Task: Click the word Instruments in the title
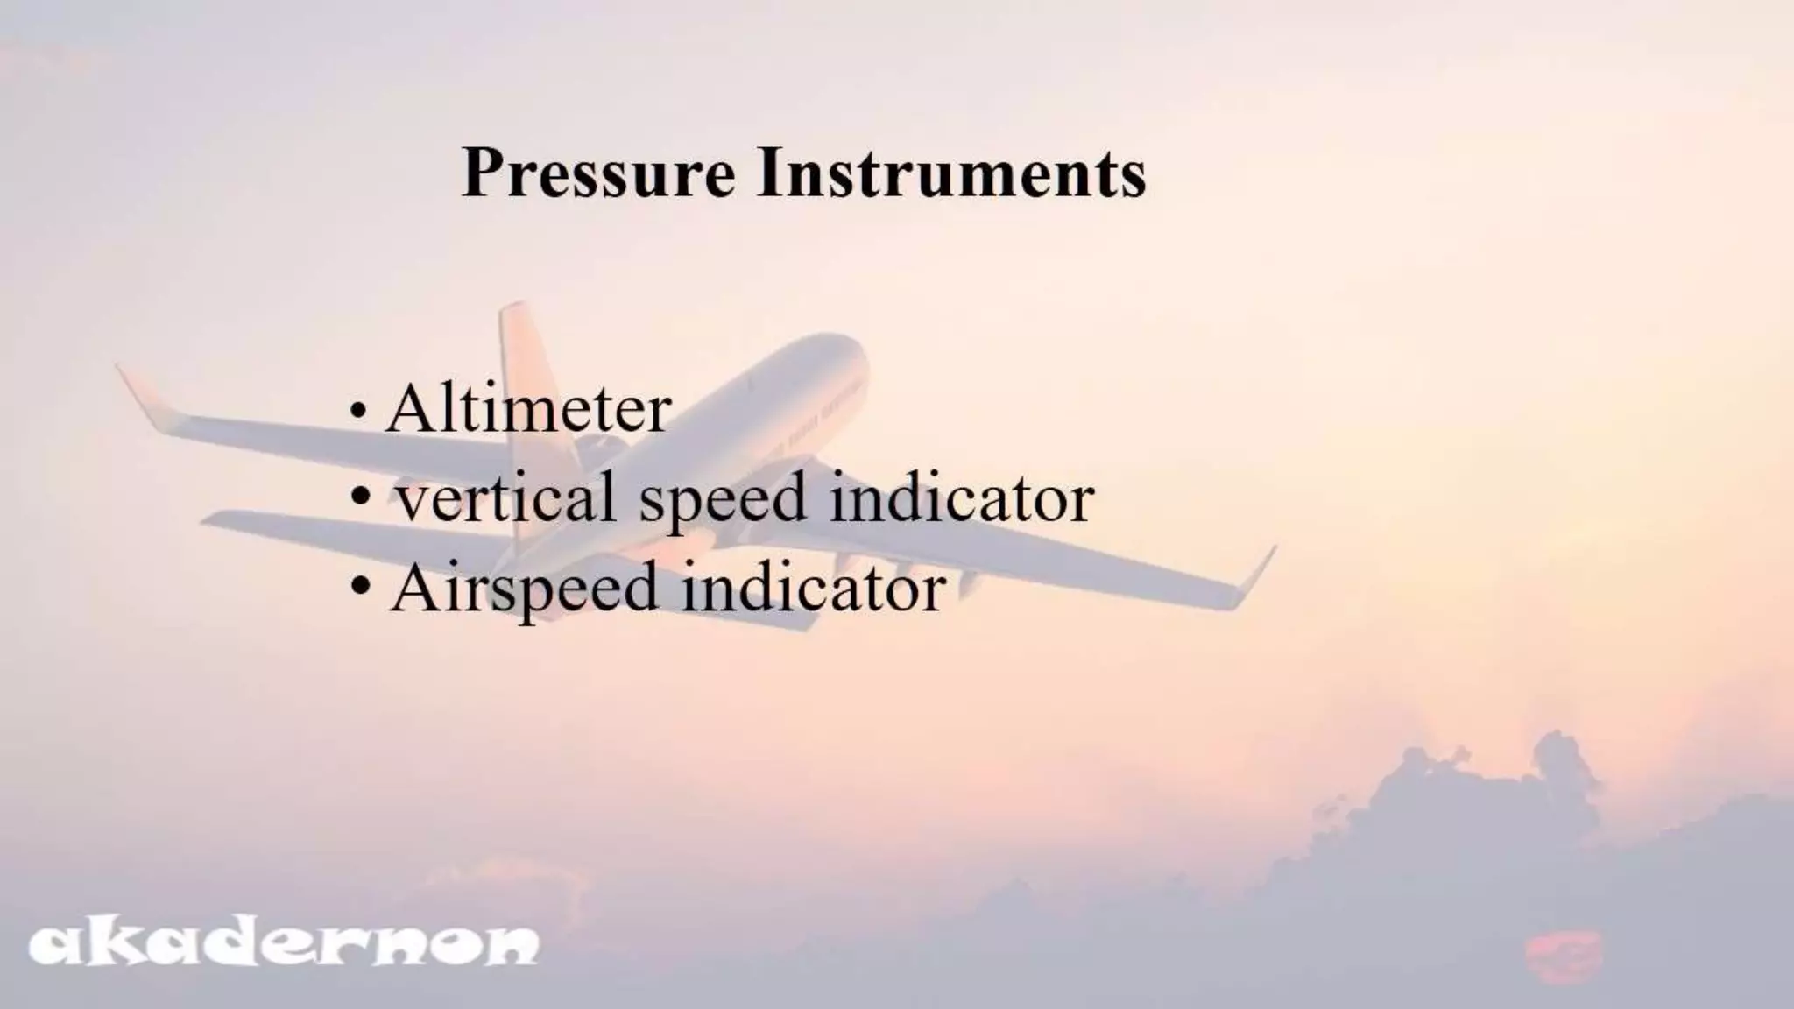951,173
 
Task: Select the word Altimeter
528,409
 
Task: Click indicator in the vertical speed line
961,497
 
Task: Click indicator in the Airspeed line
813,587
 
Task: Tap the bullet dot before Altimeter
357,412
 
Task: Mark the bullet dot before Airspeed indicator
359,587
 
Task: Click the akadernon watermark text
284,943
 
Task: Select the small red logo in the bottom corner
1563,956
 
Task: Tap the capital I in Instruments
770,173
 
